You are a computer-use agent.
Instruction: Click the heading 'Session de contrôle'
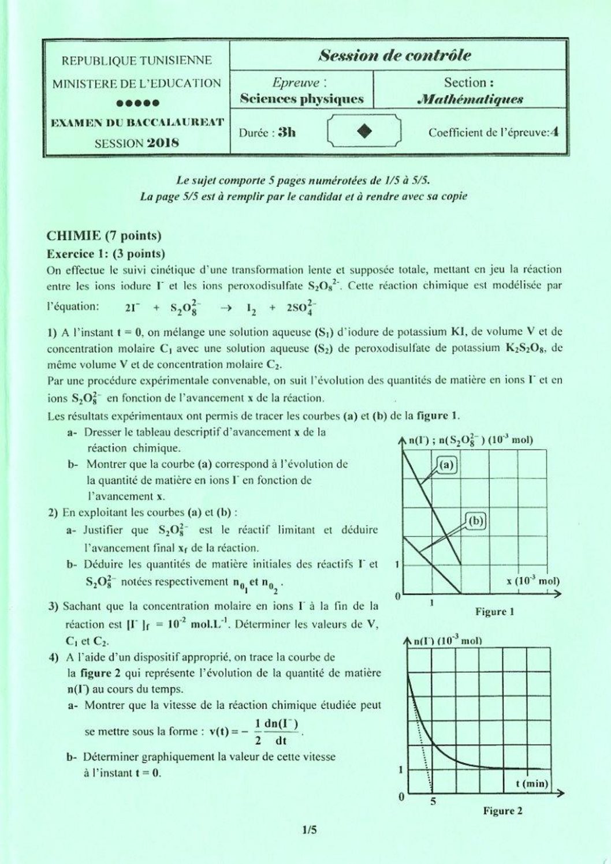(x=395, y=56)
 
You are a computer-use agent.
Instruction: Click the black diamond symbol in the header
(x=364, y=132)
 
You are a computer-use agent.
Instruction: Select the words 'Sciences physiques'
(x=302, y=99)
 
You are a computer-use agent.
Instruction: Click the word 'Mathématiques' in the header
(x=470, y=99)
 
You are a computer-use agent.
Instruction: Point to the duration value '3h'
(x=286, y=132)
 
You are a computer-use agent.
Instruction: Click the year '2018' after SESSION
(x=163, y=143)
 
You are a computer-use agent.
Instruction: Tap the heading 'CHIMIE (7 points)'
(x=104, y=235)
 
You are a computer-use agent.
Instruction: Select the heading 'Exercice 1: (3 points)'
(x=106, y=253)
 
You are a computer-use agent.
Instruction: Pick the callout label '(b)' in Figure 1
(x=476, y=521)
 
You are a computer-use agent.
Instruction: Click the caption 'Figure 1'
(x=494, y=611)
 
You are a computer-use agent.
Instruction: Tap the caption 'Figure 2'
(x=502, y=811)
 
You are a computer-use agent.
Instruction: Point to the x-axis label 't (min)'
(x=531, y=783)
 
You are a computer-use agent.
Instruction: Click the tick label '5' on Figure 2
(x=433, y=801)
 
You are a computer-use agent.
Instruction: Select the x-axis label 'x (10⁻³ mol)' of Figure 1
(x=532, y=581)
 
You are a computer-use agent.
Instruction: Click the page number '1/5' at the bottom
(x=310, y=831)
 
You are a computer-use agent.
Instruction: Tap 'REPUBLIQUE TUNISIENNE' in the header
(x=137, y=60)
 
